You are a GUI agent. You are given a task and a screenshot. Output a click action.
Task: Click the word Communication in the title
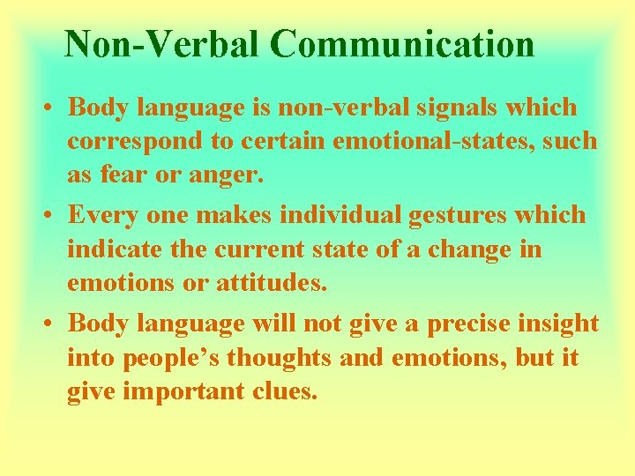point(402,45)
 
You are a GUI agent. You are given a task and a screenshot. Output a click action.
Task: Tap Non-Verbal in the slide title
point(162,45)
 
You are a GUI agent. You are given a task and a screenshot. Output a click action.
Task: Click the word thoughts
point(289,357)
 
